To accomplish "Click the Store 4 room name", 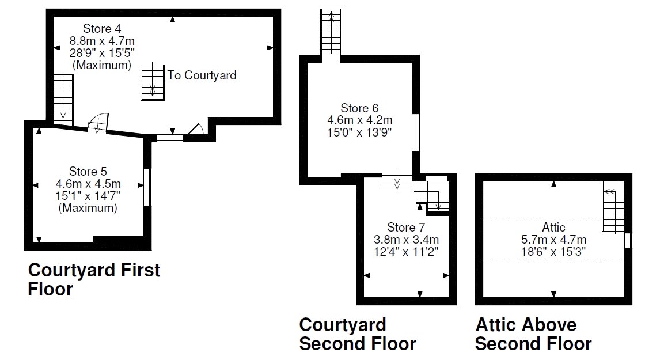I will [102, 28].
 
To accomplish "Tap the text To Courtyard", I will [202, 75].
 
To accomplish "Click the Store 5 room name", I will [88, 171].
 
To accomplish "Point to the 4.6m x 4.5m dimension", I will [88, 184].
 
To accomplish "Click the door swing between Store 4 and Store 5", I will [98, 122].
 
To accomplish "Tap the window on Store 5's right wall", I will [146, 187].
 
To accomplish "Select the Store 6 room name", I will [359, 108].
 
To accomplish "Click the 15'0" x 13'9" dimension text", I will [359, 132].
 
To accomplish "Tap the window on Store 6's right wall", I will [415, 132].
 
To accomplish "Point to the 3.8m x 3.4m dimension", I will [406, 238].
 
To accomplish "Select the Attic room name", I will [553, 227].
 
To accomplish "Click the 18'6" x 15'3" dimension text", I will [553, 252].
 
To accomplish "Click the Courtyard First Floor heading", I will [94, 279].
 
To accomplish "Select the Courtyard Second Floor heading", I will [357, 334].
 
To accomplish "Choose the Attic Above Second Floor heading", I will [533, 334].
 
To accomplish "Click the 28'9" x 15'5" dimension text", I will [102, 53].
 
